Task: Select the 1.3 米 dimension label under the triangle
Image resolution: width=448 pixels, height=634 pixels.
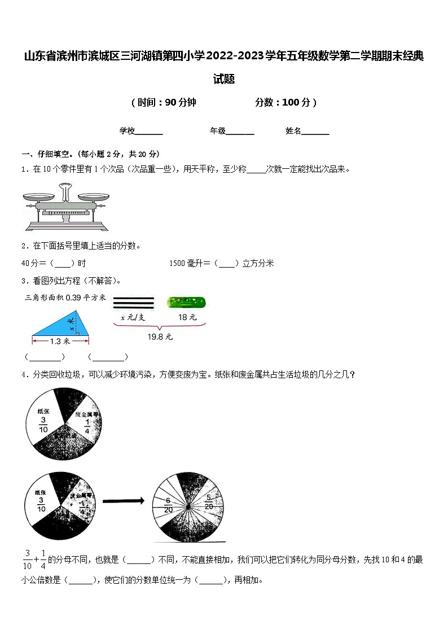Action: (60, 341)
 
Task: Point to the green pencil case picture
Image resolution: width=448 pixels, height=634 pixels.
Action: (186, 303)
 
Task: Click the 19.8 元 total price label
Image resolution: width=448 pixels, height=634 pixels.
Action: (160, 337)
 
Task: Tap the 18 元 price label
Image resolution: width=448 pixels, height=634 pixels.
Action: (187, 317)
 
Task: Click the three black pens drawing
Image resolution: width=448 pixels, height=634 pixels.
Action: (133, 303)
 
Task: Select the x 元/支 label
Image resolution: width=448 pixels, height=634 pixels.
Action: (133, 317)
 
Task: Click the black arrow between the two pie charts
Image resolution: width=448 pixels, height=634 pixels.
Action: (124, 500)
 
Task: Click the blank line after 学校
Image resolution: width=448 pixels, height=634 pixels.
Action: (150, 132)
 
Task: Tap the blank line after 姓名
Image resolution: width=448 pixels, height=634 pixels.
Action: (316, 132)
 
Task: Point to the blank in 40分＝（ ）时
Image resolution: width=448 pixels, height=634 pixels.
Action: (63, 263)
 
